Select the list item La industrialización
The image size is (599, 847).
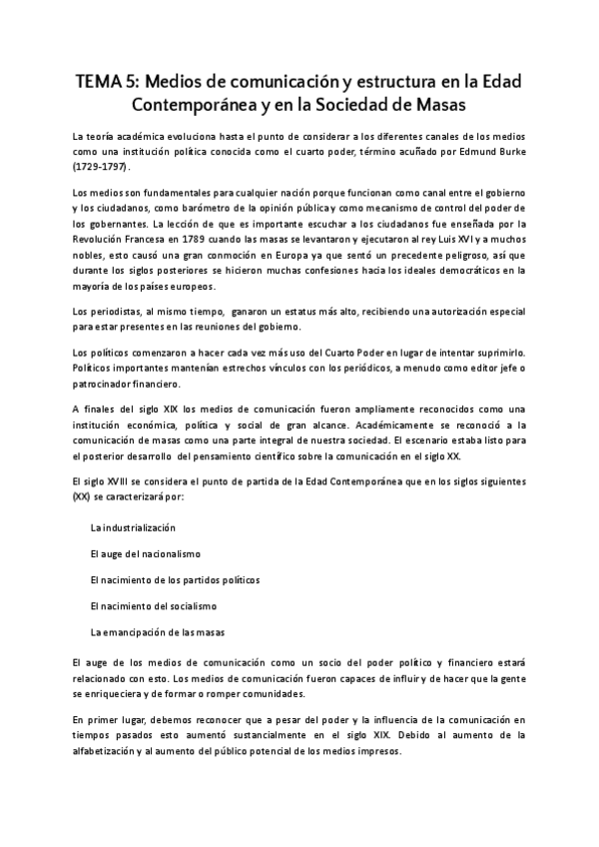(x=132, y=526)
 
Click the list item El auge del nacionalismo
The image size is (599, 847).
(x=146, y=552)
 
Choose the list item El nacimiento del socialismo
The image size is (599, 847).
(x=153, y=605)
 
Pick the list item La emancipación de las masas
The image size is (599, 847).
(x=157, y=632)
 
